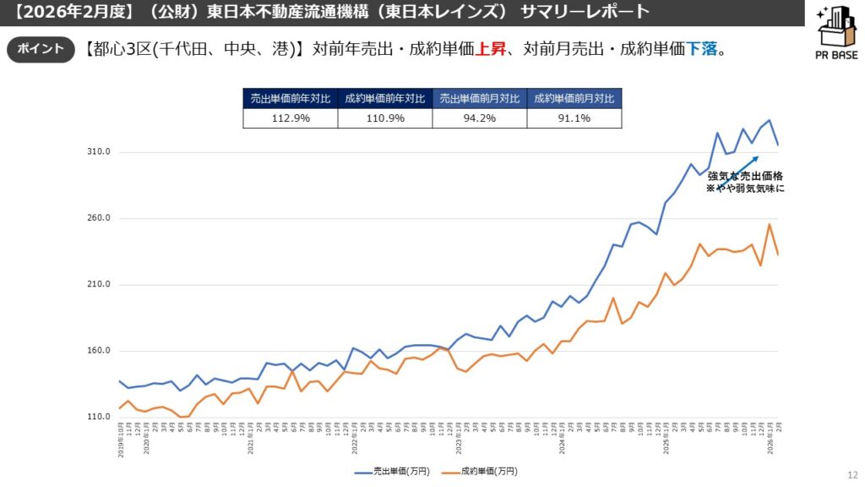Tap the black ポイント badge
41,49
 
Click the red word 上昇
491,49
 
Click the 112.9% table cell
290,118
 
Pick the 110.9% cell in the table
384,118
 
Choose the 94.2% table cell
479,118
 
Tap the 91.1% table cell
574,118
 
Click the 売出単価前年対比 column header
290,98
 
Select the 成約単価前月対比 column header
574,98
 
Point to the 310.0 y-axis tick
100,152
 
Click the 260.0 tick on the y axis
100,218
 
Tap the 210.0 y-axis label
100,285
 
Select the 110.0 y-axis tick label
100,418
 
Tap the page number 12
851,476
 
